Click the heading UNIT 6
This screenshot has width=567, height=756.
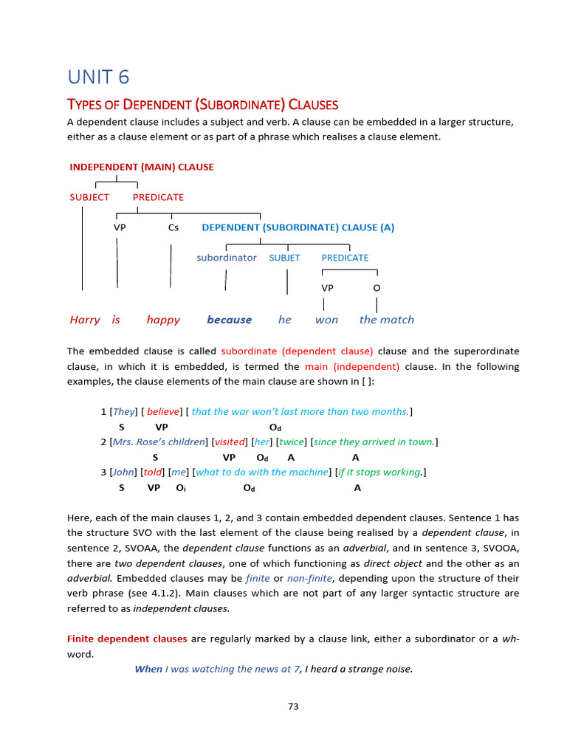(x=98, y=77)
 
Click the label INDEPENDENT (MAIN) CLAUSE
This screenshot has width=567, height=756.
(x=142, y=167)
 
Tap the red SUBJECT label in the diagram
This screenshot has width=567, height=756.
(x=89, y=197)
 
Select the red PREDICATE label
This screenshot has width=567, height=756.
(x=158, y=197)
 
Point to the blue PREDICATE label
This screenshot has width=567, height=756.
(x=345, y=258)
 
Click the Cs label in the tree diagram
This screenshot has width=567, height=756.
(x=173, y=227)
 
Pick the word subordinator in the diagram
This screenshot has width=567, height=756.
(x=227, y=258)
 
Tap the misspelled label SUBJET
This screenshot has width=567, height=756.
(x=284, y=258)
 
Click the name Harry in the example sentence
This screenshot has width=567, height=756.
(x=85, y=320)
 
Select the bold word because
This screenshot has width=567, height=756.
(x=229, y=320)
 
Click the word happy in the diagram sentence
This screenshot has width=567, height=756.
(x=163, y=320)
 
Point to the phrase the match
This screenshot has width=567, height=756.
(x=387, y=320)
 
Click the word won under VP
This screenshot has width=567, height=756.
(x=326, y=320)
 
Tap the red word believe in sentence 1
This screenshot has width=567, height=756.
(x=163, y=411)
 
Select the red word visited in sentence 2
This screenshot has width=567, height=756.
(x=229, y=442)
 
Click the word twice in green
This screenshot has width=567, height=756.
(x=291, y=442)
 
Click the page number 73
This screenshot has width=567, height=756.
(x=293, y=707)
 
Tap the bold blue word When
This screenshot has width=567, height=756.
(x=148, y=669)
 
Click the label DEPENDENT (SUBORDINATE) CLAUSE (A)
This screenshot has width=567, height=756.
(x=298, y=227)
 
